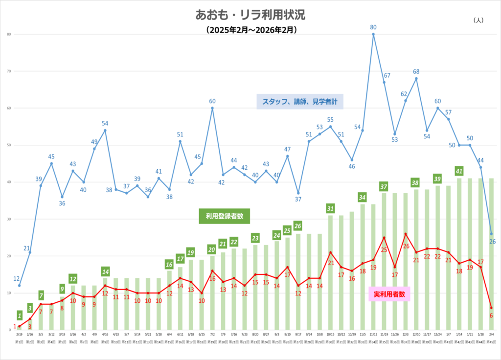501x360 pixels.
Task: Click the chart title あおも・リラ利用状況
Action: pos(250,15)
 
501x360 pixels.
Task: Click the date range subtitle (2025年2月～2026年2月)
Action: pos(250,30)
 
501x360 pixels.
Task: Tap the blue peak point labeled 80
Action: pos(373,34)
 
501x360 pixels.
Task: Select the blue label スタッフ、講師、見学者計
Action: pos(300,101)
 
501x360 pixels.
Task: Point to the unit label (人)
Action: pos(478,20)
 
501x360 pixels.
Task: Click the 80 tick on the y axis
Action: pos(9,34)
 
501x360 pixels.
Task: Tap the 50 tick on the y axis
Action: pos(9,145)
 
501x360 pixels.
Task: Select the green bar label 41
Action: pos(459,171)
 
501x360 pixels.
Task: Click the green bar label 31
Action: pos(331,208)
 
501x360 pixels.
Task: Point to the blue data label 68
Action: pos(416,72)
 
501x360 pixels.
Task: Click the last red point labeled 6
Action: pos(491,308)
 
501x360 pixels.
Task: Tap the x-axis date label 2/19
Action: pos(20,335)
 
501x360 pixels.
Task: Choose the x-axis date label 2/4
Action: pos(491,335)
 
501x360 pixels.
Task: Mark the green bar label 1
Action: pos(20,315)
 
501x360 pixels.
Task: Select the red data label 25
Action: pos(384,249)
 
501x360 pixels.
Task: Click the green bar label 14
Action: pos(105,271)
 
